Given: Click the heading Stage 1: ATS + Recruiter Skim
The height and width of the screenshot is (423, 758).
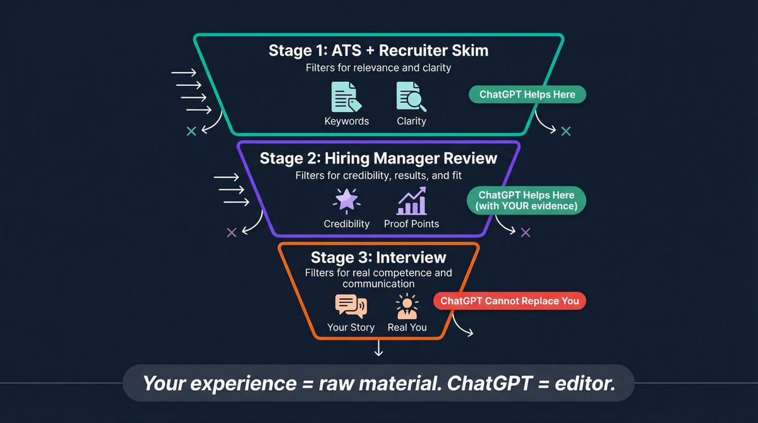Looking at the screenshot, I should coord(378,51).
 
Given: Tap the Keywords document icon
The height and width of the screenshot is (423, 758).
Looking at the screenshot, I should coord(346,97).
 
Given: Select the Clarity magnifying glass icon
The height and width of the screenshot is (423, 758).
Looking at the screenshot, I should coord(411,97).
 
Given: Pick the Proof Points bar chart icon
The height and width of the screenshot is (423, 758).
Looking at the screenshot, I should coord(411,201).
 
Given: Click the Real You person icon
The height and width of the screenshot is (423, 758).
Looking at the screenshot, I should coord(407,306).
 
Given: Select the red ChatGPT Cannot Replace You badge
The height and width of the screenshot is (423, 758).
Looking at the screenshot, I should coord(510,301).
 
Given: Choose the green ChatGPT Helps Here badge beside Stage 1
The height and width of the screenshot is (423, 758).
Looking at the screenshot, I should coord(527,95).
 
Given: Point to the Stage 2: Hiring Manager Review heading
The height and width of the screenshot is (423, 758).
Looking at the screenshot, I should coord(378,158).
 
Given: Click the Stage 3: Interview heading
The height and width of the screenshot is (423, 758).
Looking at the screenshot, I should coord(378,258).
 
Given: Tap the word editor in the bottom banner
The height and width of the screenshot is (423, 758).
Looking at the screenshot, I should coord(585,383).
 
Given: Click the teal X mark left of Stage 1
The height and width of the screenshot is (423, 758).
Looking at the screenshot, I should coord(191,131).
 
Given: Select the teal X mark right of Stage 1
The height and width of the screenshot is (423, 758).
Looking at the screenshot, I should coord(566,131).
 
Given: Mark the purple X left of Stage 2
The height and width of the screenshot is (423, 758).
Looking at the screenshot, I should coord(231,232).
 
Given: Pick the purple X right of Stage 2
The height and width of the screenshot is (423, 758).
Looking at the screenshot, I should coord(526,232).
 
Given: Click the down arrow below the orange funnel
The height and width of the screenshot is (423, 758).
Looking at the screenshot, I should coord(378,349).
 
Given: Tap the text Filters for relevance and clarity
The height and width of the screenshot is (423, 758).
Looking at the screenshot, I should coord(378,68).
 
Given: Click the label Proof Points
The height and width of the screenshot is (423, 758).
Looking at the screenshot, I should coord(411,223).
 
